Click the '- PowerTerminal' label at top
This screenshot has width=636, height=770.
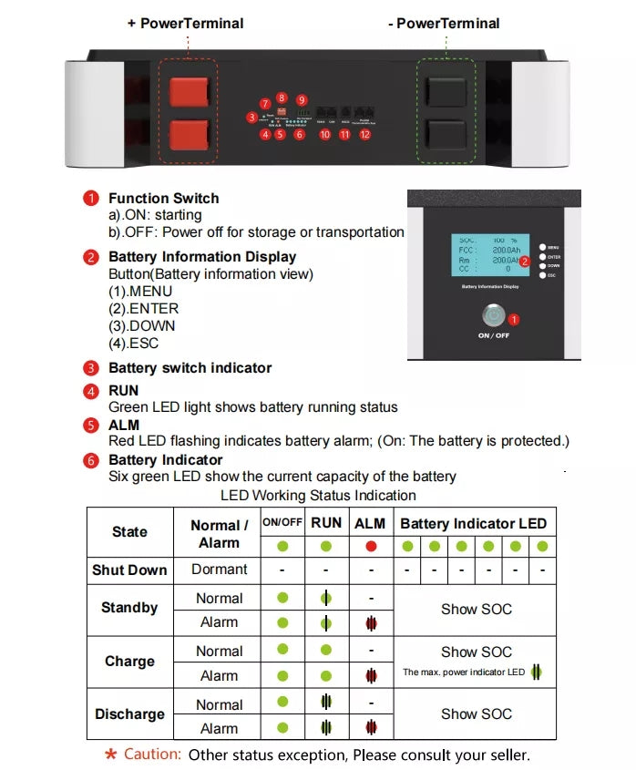443,23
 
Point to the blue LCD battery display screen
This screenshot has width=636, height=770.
490,254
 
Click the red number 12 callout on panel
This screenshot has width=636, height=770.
365,134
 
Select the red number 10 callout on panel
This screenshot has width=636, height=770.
324,134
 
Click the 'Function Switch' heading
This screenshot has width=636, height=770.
163,198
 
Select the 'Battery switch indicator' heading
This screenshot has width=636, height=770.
190,368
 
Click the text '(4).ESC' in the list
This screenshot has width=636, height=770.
133,343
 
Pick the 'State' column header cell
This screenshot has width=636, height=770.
129,532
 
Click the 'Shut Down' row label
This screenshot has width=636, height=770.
129,570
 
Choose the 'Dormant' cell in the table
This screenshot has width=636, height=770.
220,570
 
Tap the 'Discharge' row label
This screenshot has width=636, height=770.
129,715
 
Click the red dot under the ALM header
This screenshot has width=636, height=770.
370,547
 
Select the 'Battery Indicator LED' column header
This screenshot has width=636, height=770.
473,523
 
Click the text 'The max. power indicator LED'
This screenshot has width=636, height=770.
464,672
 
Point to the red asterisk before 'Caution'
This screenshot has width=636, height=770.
110,755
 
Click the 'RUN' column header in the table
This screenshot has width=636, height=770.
326,523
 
